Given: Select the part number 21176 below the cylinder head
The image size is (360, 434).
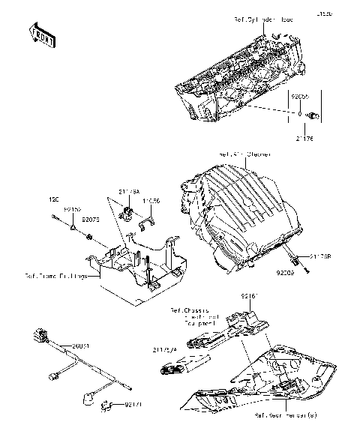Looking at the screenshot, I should (304, 139).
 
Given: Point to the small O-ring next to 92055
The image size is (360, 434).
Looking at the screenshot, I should (299, 115).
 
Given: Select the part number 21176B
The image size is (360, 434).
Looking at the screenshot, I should (321, 256).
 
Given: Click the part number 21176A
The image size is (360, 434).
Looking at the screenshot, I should (129, 193).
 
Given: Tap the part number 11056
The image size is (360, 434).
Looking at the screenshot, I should (150, 202).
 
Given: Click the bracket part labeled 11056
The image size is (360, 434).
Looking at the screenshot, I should (148, 220).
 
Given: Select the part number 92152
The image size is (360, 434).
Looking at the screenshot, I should (72, 211).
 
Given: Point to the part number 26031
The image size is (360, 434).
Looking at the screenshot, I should (81, 346).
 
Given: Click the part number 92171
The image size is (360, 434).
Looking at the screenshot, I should (133, 406).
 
